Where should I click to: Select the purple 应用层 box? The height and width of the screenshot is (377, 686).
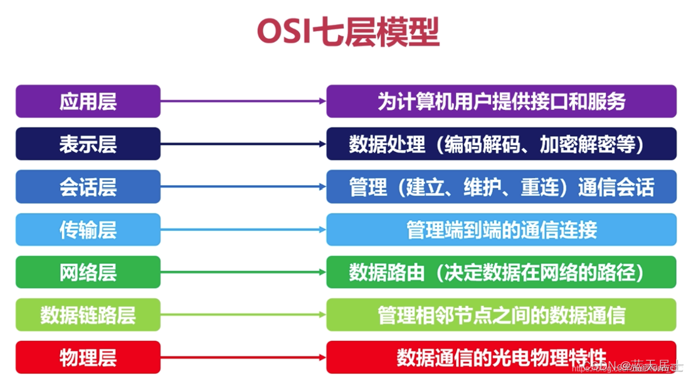point(88,102)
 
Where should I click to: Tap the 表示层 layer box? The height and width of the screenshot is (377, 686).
point(88,144)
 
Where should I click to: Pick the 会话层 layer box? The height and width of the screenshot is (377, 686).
point(88,187)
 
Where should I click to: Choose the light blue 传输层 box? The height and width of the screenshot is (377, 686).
point(88,230)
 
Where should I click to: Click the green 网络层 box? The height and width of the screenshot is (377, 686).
point(88,272)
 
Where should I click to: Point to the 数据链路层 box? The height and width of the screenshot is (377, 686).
point(88,315)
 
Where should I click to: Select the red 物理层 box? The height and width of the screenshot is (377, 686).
point(88,358)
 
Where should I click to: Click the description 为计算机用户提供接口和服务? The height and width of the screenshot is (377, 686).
point(501,102)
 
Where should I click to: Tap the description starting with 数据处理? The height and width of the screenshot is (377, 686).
point(501,144)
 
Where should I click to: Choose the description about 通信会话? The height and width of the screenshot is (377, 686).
point(501,187)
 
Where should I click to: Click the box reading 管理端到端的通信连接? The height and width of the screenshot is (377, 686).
point(501,230)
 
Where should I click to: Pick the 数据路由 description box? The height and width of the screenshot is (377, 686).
point(501,272)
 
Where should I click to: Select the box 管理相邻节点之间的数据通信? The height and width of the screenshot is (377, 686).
point(501,315)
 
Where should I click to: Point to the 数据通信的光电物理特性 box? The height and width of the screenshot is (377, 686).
point(501,358)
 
